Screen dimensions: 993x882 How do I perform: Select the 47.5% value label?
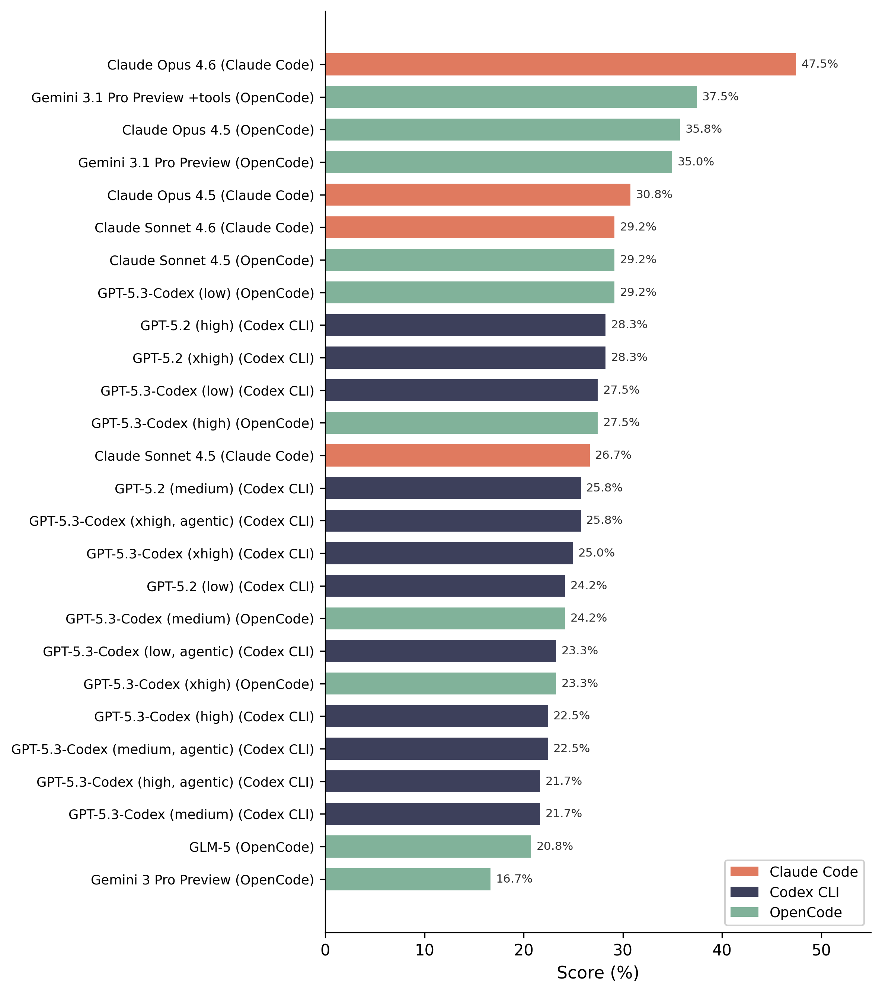pyautogui.click(x=819, y=64)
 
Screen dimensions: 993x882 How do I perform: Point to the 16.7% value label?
pyautogui.click(x=514, y=879)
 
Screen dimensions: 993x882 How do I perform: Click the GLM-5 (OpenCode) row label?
pyautogui.click(x=251, y=847)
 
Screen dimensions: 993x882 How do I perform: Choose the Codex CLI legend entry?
pyautogui.click(x=804, y=893)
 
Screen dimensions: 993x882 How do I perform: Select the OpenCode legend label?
pyautogui.click(x=805, y=912)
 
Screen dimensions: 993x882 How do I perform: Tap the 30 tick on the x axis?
pyautogui.click(x=623, y=950)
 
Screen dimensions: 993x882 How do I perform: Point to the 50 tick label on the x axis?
pyautogui.click(x=821, y=950)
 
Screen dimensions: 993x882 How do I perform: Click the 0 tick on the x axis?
pyautogui.click(x=325, y=950)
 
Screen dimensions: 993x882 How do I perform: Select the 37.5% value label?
pyautogui.click(x=720, y=97)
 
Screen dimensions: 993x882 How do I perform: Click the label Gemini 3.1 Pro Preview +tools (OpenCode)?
pyautogui.click(x=173, y=98)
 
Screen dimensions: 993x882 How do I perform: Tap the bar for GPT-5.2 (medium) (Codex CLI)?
pyautogui.click(x=453, y=488)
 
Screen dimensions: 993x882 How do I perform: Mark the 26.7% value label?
pyautogui.click(x=613, y=455)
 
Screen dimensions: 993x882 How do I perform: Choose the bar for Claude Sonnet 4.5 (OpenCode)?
pyautogui.click(x=470, y=260)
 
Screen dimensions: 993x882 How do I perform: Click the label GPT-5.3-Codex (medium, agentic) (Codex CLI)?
pyautogui.click(x=162, y=749)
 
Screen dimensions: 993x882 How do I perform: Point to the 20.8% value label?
pyautogui.click(x=554, y=846)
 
